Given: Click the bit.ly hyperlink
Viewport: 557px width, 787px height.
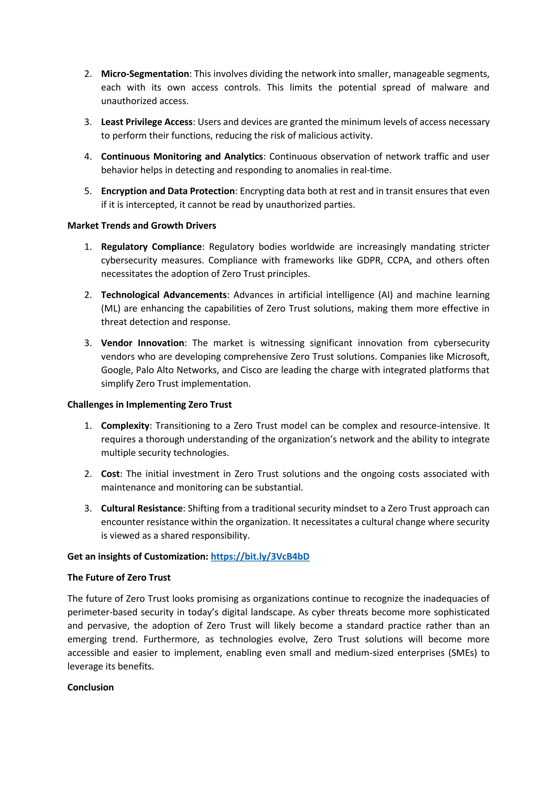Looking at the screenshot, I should click(x=260, y=556).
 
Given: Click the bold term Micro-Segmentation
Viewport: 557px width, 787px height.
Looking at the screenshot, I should click(x=145, y=74).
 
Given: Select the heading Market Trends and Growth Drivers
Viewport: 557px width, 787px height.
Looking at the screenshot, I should click(x=142, y=226).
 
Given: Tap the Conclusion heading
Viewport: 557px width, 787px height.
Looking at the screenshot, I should click(x=91, y=687).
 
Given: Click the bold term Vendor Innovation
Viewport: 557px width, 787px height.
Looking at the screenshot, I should click(x=142, y=343).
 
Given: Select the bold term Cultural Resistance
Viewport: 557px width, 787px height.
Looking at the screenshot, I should click(x=142, y=508).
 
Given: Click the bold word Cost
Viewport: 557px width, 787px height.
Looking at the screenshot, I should click(x=110, y=474).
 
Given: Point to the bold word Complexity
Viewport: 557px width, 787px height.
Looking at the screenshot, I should click(x=125, y=426).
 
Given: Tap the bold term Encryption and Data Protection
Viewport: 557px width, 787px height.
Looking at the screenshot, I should click(x=168, y=191).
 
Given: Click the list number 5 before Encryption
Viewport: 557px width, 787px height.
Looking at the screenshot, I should click(x=88, y=191).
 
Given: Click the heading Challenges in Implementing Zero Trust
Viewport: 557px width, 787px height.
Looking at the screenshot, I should click(x=150, y=404).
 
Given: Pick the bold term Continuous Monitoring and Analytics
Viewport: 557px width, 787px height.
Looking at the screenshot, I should click(x=182, y=156).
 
